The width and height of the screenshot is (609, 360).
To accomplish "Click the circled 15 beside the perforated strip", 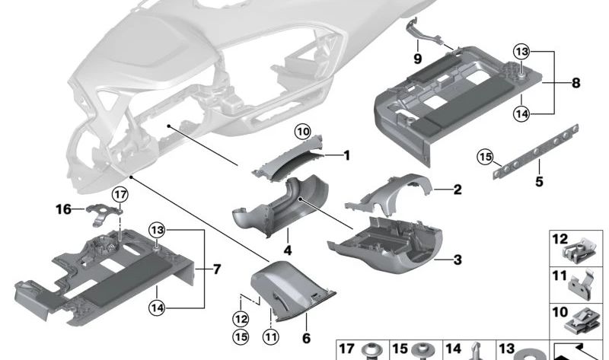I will [485, 158].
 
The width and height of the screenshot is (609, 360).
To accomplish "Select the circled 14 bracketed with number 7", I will [156, 308].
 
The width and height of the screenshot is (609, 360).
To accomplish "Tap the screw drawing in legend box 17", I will [372, 351].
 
